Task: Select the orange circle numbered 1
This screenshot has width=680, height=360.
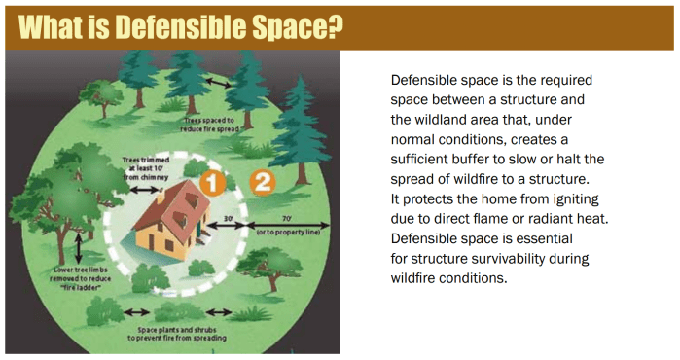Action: point(213,182)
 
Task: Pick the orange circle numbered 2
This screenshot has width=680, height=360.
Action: point(263,182)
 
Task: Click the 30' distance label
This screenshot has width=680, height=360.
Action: point(229,219)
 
